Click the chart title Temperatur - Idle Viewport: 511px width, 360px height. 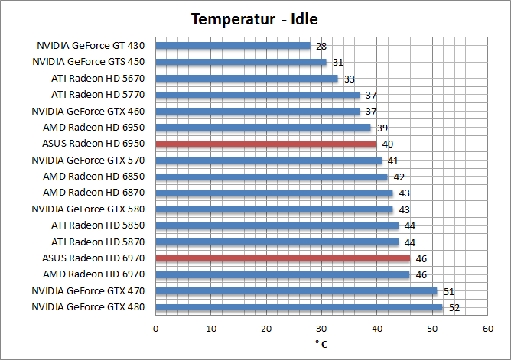pos(255,18)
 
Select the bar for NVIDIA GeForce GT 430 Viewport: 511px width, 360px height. pos(233,46)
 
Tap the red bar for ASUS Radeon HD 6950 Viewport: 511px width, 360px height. pos(265,144)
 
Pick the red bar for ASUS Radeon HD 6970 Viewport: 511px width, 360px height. pos(282,258)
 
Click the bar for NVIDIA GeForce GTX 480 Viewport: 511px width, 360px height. pos(298,307)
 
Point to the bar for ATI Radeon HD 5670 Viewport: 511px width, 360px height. pos(246,78)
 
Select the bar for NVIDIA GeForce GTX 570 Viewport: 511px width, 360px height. pos(269,161)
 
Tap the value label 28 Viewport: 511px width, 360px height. pos(322,47)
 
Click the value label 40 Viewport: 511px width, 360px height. pos(389,144)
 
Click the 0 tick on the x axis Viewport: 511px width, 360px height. pos(155,328)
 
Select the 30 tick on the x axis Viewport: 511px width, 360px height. pos(321,328)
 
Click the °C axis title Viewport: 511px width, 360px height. pos(321,344)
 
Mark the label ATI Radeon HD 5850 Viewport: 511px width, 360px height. pos(98,225)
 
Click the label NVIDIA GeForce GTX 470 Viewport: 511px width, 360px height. pos(88,291)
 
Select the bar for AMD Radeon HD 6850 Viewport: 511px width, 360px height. pos(271,177)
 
